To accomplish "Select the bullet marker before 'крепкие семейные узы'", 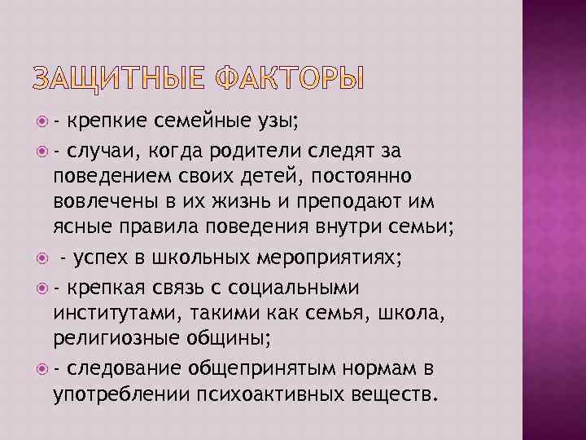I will click(44, 124).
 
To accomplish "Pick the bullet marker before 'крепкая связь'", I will click(44, 288).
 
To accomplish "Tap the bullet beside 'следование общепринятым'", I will click(44, 369).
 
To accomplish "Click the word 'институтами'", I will click(111, 314).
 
